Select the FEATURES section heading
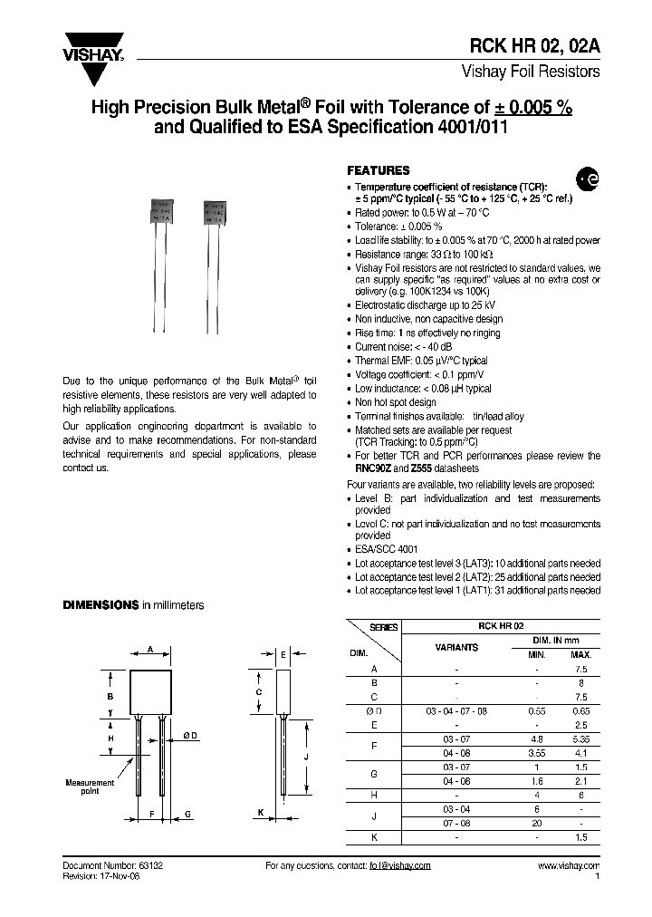379,170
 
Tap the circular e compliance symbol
588,181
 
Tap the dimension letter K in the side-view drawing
261,813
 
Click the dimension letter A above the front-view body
150,649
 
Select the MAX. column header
580,653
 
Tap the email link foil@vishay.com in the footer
399,866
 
